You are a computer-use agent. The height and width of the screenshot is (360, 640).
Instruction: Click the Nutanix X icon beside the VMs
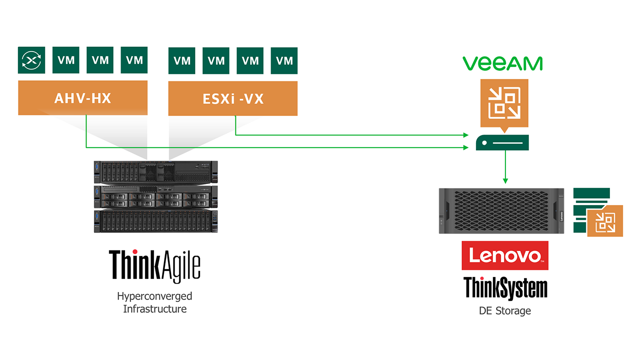click(x=31, y=60)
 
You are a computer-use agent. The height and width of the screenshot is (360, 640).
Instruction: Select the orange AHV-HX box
click(x=83, y=97)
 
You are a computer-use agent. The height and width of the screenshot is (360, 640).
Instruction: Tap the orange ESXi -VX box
click(x=233, y=98)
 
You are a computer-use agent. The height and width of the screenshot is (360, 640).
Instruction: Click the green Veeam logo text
click(x=502, y=63)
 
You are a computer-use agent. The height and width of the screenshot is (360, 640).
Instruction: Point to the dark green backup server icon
click(x=502, y=142)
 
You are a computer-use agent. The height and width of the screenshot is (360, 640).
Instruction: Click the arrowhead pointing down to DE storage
click(x=505, y=181)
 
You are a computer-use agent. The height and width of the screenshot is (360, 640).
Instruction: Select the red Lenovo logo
click(x=505, y=255)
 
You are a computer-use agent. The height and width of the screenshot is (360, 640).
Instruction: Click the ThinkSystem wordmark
click(x=505, y=288)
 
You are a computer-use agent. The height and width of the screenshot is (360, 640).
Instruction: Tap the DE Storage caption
click(x=505, y=310)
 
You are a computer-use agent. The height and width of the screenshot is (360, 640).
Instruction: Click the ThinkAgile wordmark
click(x=154, y=266)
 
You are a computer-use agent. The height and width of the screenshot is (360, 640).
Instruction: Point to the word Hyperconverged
click(x=154, y=296)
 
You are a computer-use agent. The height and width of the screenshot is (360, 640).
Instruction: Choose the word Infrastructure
click(x=155, y=309)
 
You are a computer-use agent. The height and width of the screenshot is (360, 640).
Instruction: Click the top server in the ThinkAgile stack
click(x=155, y=172)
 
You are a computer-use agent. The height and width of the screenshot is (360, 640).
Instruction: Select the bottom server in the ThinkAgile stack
click(x=155, y=221)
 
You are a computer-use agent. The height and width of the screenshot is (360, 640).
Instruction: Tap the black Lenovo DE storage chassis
click(x=501, y=211)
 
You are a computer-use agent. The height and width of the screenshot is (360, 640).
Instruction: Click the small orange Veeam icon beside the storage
click(x=605, y=221)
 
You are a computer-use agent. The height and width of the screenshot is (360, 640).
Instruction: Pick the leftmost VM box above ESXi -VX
click(x=181, y=60)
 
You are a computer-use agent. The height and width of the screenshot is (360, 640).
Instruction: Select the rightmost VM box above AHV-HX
click(x=134, y=60)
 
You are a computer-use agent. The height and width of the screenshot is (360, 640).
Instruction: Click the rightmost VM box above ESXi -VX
click(x=284, y=60)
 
